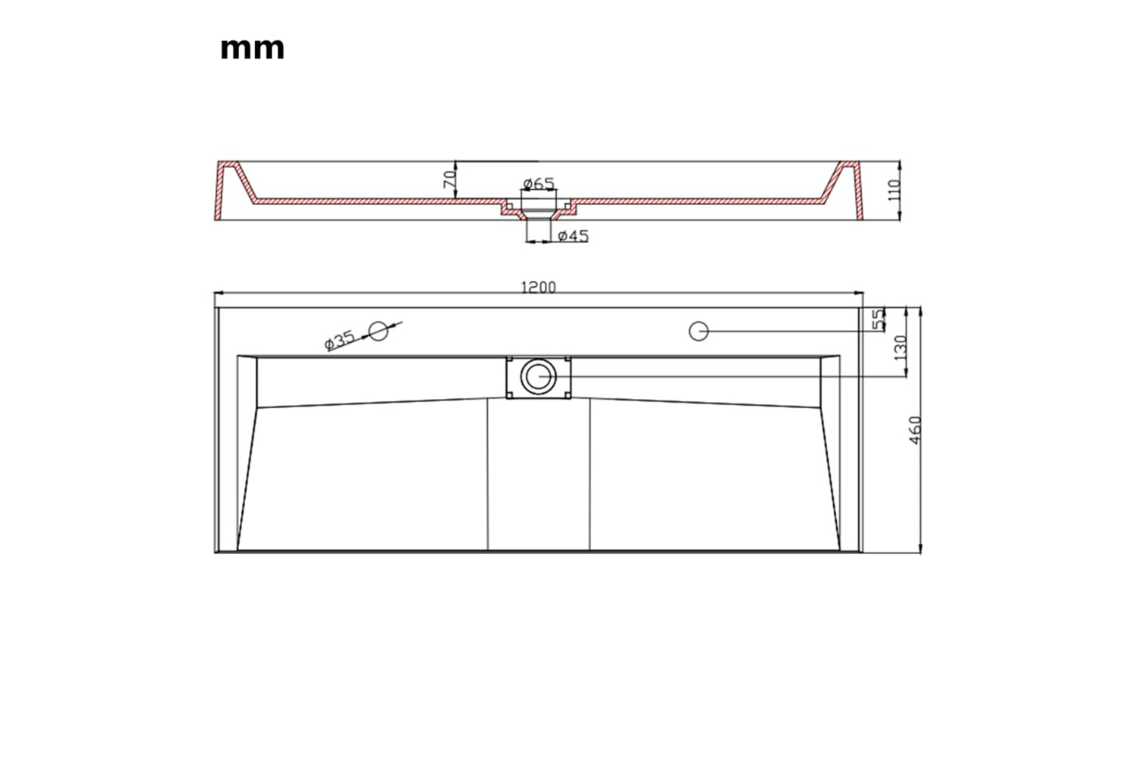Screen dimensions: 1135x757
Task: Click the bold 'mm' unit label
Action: pyautogui.click(x=252, y=49)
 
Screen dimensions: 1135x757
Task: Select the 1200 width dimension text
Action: pyautogui.click(x=538, y=288)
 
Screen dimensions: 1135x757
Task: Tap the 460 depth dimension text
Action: pyautogui.click(x=915, y=431)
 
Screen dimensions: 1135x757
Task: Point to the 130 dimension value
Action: pyautogui.click(x=900, y=347)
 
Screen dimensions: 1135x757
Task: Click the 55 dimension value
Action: pyautogui.click(x=878, y=320)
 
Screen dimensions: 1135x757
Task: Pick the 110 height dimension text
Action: pyautogui.click(x=894, y=190)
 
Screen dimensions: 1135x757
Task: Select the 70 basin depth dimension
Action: pyautogui.click(x=449, y=179)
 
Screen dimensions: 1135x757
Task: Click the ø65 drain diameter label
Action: pyautogui.click(x=539, y=183)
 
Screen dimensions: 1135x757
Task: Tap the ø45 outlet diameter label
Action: pyautogui.click(x=573, y=235)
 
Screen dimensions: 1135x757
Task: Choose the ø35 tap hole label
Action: pyautogui.click(x=340, y=341)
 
